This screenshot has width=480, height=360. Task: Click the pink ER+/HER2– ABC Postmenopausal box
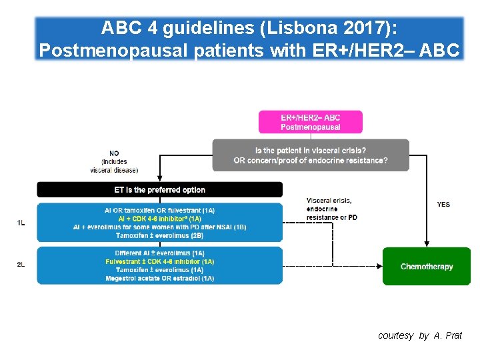(x=311, y=122)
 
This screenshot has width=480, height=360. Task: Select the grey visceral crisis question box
(x=311, y=155)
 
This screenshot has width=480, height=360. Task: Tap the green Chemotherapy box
(x=427, y=267)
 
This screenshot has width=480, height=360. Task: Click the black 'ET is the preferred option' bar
(x=160, y=190)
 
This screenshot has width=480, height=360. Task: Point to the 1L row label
(x=21, y=223)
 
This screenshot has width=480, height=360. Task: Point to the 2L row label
(x=21, y=265)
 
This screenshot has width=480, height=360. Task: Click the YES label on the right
(x=443, y=205)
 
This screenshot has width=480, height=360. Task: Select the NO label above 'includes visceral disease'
(x=114, y=153)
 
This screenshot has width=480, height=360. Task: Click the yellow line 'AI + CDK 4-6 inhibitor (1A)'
(x=160, y=219)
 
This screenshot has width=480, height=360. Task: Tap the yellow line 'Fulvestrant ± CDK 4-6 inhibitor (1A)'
(x=160, y=261)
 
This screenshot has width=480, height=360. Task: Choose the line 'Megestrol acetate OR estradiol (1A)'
(x=160, y=278)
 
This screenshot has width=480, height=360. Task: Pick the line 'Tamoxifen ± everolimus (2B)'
(x=160, y=235)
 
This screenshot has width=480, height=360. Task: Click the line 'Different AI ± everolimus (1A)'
(x=160, y=253)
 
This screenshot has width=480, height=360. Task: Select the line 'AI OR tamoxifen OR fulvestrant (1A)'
(x=160, y=210)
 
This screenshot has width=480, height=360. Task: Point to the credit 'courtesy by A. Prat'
(x=419, y=335)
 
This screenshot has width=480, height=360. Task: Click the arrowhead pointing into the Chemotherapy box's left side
(x=379, y=266)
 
